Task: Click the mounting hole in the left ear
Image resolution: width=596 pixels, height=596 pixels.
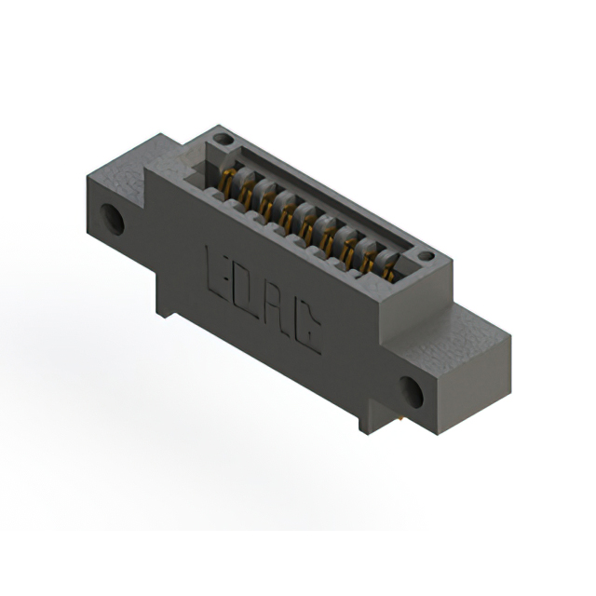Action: pos(112,220)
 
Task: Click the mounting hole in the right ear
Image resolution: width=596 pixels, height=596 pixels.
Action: pos(412,392)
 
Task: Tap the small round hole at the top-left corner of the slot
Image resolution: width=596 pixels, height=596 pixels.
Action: pos(223,139)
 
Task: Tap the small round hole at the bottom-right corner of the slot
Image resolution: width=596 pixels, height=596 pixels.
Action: pos(427,256)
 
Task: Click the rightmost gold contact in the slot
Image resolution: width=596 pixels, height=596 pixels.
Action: pos(388,271)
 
